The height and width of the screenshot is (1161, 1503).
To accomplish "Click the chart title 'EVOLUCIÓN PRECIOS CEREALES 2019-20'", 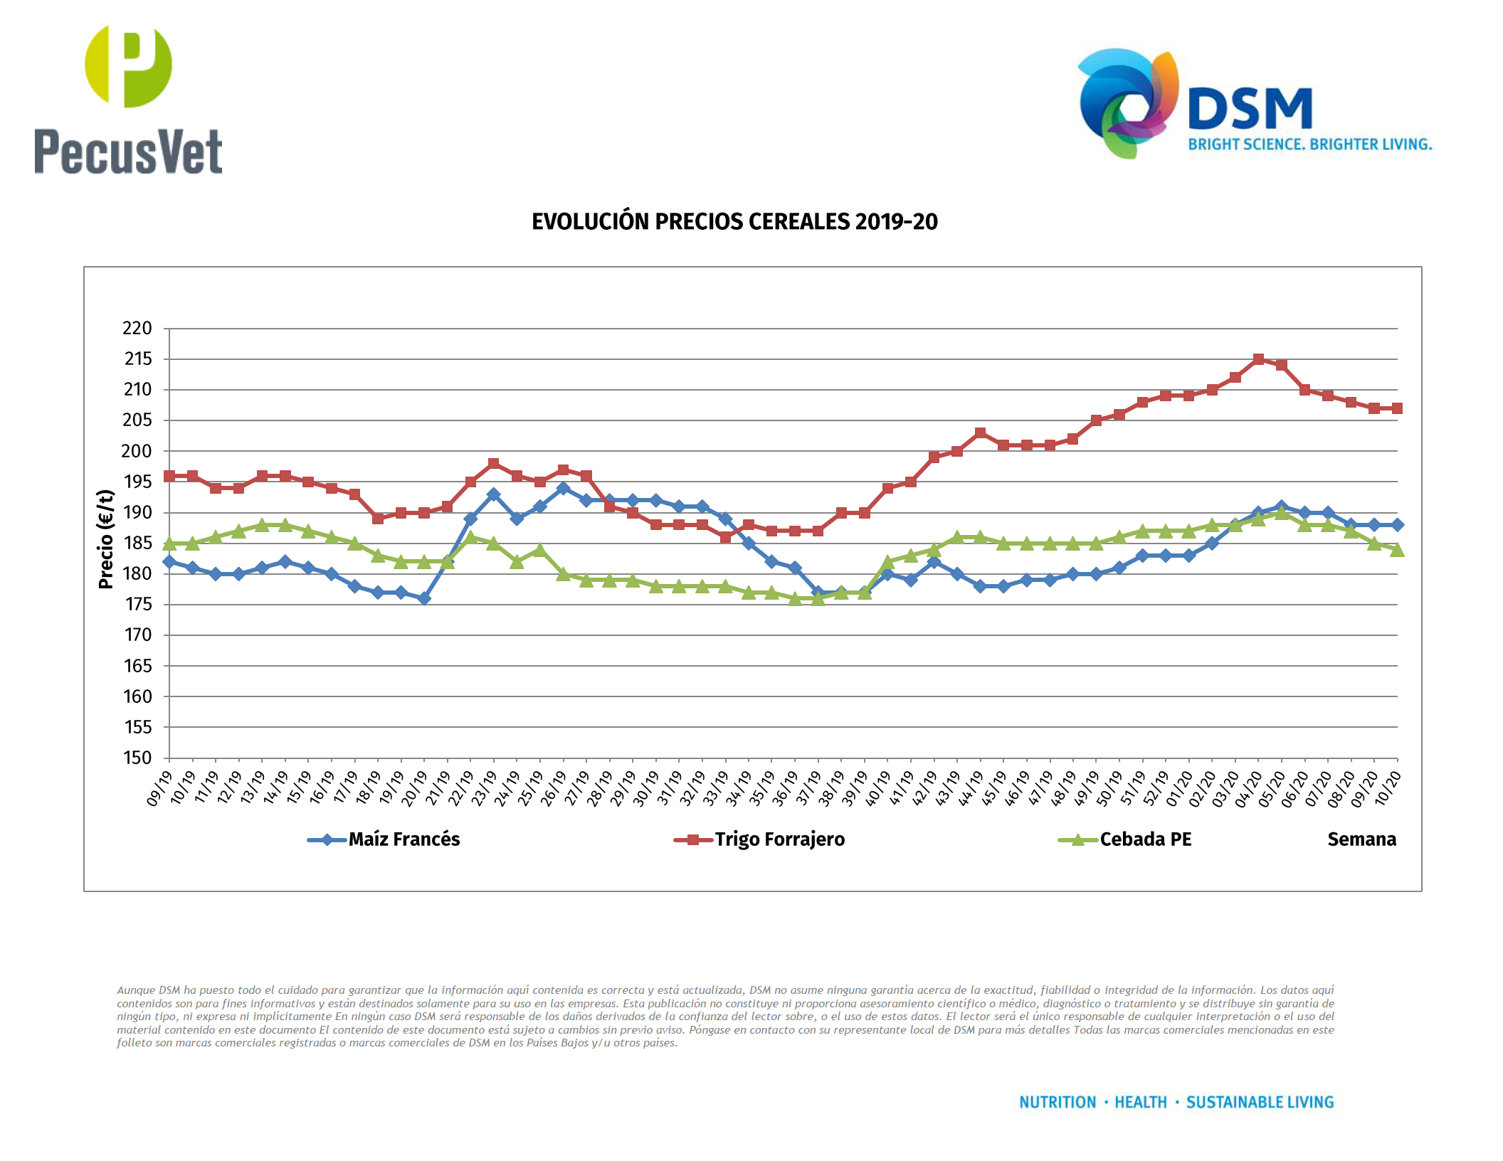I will pos(734,222).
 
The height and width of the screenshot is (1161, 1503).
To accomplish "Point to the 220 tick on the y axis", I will pos(137,329).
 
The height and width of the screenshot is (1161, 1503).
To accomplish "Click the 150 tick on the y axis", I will pos(137,758).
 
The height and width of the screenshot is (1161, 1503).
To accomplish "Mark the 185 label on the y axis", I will pos(137,544).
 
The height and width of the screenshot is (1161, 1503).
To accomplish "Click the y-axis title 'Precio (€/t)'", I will pos(106,539).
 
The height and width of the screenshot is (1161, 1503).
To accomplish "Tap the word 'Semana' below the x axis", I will pos(1361,839).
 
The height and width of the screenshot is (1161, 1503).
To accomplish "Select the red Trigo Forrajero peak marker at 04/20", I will pos(1258,359).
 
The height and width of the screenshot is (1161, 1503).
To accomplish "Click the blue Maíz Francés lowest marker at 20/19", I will pos(424,598).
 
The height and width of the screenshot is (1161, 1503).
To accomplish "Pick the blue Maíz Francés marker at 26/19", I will pos(563,488).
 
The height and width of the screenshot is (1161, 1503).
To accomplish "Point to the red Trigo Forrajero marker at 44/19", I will pos(980,433).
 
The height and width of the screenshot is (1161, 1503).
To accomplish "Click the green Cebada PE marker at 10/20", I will pos(1397,550).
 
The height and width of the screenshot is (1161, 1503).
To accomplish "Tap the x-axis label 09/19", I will pos(159,789).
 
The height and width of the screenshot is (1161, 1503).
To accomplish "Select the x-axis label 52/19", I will pos(1154,789).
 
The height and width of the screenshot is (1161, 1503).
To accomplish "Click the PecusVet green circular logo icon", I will pos(128,66).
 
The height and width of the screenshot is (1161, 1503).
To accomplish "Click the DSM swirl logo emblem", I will pos(1127,103).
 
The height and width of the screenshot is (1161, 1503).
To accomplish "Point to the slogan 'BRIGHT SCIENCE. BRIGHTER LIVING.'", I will pos(1309,144).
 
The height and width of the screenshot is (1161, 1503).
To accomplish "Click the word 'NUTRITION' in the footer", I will pos(1058,1102).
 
